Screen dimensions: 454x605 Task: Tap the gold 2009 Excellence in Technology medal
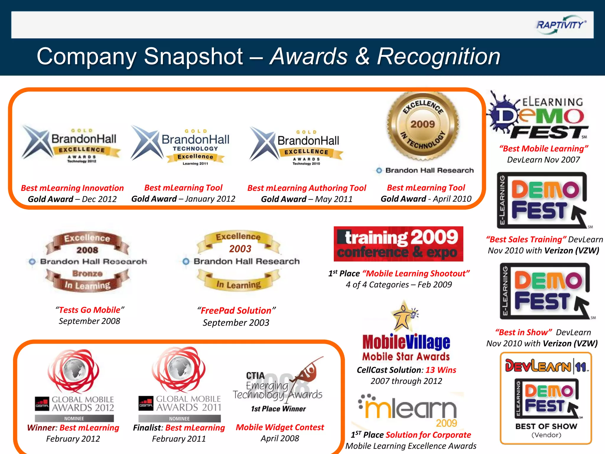click(423, 126)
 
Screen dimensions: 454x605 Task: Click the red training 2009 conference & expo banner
click(398, 244)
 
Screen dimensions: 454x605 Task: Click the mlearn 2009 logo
click(408, 410)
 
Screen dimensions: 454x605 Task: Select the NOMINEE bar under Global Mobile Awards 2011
click(179, 419)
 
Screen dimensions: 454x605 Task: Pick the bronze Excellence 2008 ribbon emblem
click(87, 262)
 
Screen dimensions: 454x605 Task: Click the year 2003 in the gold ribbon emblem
click(240, 249)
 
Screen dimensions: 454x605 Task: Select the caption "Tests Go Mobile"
click(90, 310)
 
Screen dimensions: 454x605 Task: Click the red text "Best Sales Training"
click(526, 239)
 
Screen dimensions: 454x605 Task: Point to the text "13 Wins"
click(441, 370)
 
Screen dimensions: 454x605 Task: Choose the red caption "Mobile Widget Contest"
click(280, 427)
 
